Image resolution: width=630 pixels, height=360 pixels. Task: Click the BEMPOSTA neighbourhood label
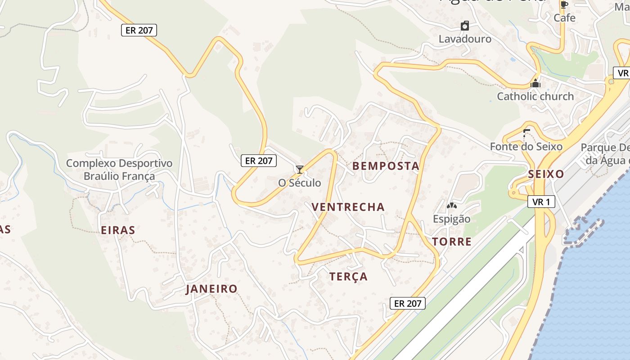[386, 166]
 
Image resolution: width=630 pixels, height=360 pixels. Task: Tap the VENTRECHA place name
[348, 207]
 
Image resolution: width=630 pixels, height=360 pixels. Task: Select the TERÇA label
[348, 276]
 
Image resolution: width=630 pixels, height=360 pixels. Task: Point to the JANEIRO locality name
[211, 289]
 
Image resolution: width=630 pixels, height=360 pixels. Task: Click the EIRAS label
[118, 230]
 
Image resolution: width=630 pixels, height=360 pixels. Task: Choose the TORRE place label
[452, 242]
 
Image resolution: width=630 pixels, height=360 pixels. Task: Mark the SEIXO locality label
[546, 174]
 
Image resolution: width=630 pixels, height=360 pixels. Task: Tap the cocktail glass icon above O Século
[300, 170]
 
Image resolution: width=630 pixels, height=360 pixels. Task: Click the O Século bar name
[300, 183]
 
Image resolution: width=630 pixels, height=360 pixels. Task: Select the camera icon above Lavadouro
[465, 26]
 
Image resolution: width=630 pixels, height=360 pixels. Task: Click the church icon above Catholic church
[535, 83]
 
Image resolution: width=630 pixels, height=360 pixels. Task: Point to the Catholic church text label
[535, 96]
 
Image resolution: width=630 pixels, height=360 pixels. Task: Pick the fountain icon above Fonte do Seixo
[526, 134]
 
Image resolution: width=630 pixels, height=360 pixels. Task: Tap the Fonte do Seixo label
[526, 147]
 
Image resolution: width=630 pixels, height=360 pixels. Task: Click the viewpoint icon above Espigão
[451, 206]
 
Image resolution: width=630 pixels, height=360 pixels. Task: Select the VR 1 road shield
[541, 202]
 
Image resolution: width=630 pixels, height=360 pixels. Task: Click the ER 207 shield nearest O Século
[258, 160]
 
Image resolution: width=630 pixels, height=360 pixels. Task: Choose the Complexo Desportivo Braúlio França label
[119, 169]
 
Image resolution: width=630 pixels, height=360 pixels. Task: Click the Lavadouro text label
[465, 39]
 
